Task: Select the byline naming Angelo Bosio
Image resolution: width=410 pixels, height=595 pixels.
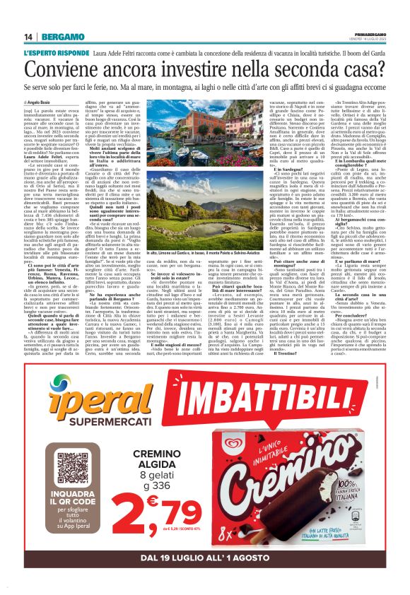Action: pos(41,102)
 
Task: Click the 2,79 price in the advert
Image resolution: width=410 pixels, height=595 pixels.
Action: pos(158,510)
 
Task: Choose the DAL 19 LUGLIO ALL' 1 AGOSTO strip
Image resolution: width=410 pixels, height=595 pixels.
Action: pos(205,558)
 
